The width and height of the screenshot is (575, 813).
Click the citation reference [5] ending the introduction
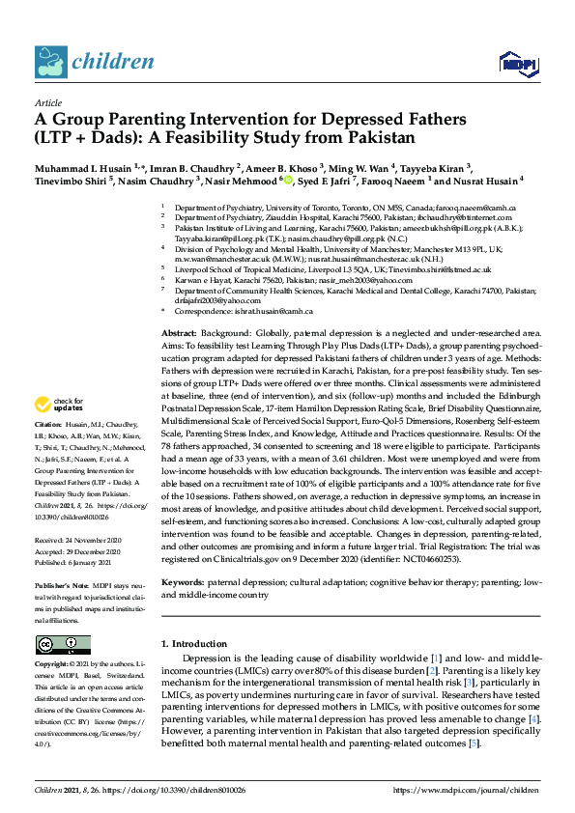click(474, 743)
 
